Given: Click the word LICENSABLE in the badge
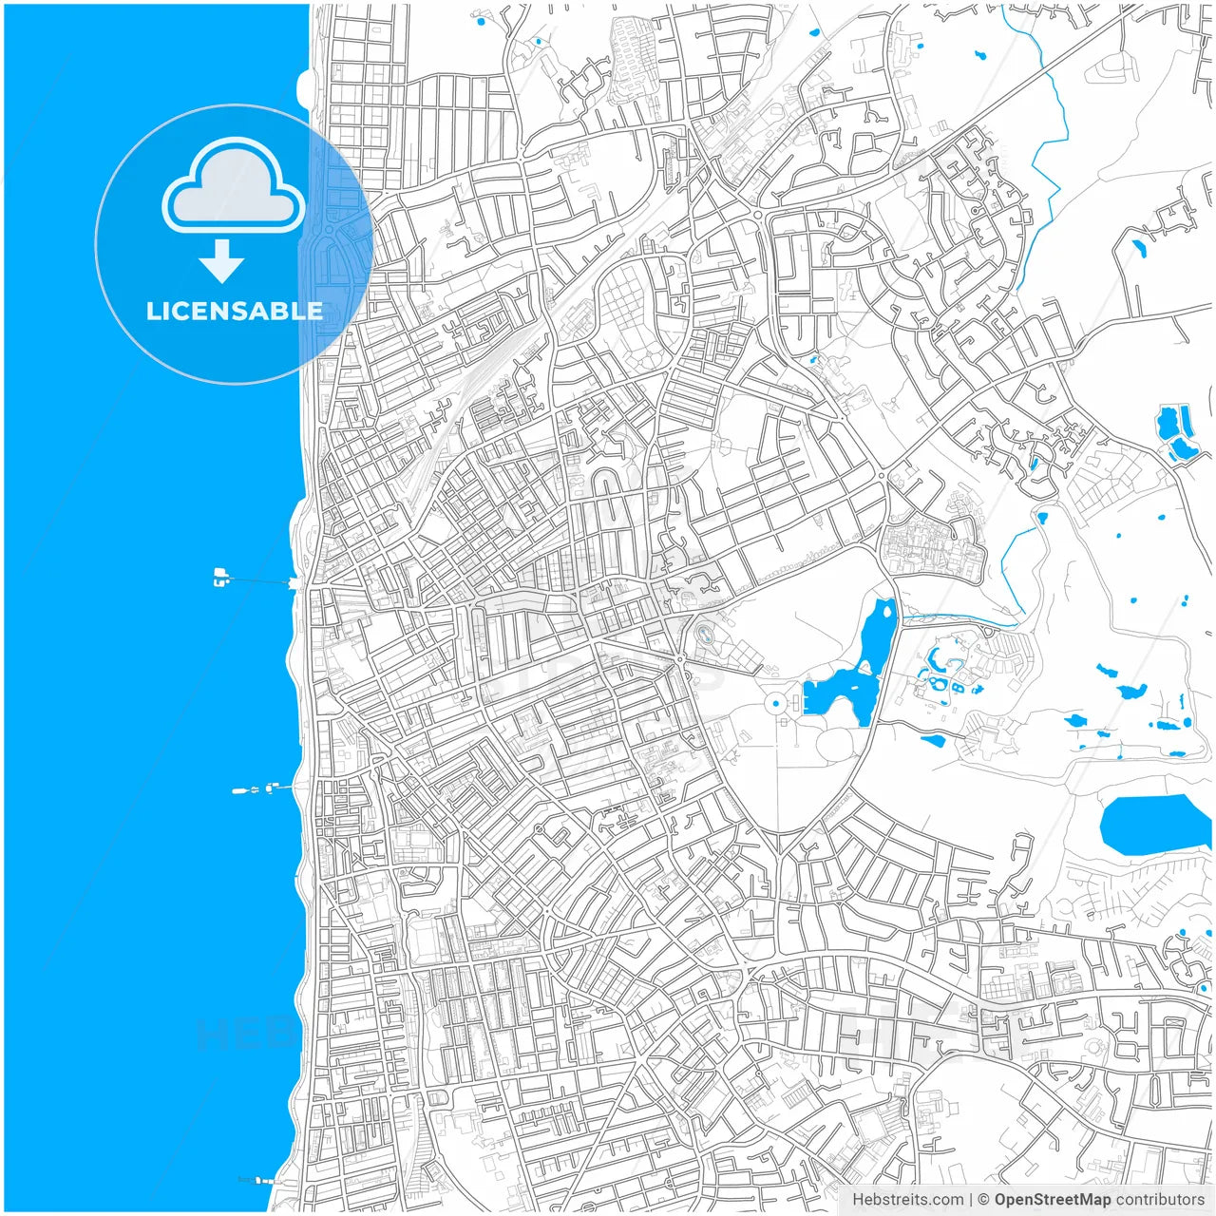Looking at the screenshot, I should [x=234, y=311].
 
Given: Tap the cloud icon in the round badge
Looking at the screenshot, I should [x=234, y=187].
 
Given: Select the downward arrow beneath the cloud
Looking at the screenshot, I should [x=222, y=261].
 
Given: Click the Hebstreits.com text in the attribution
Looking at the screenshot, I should [x=907, y=1200].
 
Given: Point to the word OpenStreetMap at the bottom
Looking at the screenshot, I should [x=1052, y=1200].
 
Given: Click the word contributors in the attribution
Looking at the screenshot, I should [x=1160, y=1200].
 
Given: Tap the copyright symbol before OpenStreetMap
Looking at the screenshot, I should [x=984, y=1200].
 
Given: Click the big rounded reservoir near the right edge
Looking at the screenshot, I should [x=1155, y=825].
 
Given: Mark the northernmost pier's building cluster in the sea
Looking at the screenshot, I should [x=221, y=576].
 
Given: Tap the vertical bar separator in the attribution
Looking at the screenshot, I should [x=971, y=1200].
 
